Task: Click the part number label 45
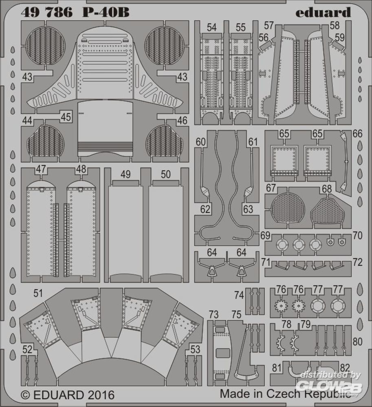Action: (66, 116)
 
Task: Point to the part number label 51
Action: (38, 293)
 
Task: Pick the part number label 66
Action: (357, 134)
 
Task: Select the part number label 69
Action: (265, 235)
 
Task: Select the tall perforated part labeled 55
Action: (241, 73)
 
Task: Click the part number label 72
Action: (357, 263)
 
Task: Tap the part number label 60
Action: (200, 142)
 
